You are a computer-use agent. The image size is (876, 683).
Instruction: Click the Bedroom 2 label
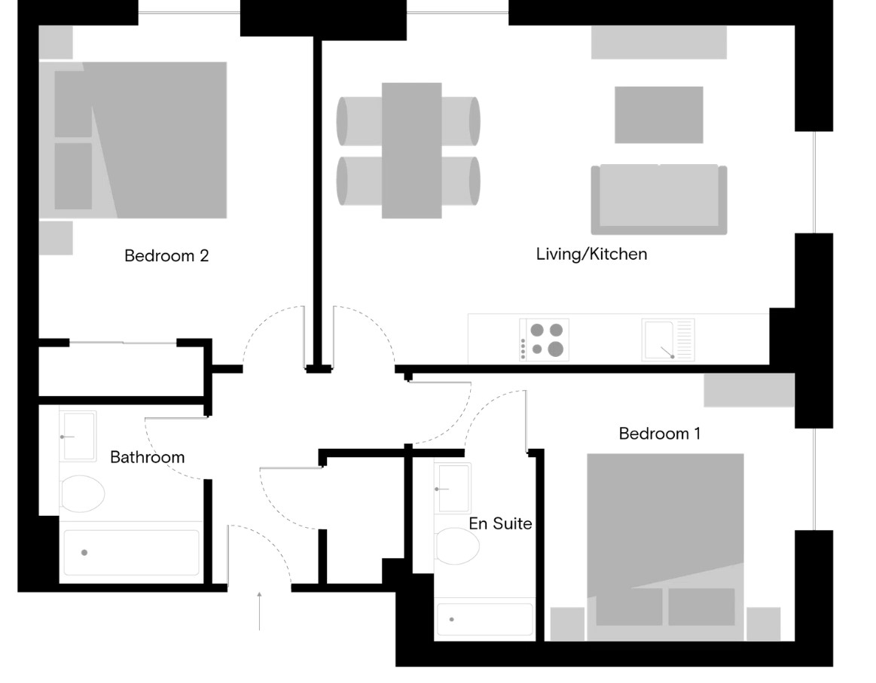[x=166, y=256]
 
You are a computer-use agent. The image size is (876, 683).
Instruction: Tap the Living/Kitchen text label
[x=591, y=254]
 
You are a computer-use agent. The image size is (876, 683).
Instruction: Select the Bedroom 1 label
[x=660, y=433]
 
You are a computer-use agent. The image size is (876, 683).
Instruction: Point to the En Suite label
[x=500, y=523]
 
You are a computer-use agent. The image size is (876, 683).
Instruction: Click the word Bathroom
[x=148, y=457]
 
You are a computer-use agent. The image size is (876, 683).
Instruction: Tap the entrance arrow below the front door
[x=259, y=611]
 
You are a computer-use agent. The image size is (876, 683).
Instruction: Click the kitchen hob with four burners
[x=544, y=340]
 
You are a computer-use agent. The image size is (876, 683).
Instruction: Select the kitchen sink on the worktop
[x=668, y=340]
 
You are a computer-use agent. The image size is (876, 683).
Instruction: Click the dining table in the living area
[x=412, y=150]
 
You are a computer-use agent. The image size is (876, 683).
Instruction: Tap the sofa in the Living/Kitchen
[x=659, y=200]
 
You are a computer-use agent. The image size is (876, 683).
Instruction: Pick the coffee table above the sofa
[x=658, y=115]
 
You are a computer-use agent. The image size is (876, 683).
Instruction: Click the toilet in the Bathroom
[x=82, y=494]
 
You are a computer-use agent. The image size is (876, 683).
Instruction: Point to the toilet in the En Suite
[x=457, y=546]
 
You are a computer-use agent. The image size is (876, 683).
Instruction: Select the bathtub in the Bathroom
[x=131, y=552]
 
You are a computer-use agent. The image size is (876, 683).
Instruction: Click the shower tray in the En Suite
[x=484, y=619]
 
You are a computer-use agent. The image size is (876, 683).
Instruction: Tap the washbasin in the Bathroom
[x=78, y=436]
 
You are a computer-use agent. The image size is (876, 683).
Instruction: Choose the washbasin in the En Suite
[x=453, y=487]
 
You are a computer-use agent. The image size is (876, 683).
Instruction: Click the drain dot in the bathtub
[x=84, y=553]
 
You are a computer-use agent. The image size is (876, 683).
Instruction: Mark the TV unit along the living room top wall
[x=659, y=42]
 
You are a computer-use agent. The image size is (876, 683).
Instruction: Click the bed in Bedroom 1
[x=665, y=547]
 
